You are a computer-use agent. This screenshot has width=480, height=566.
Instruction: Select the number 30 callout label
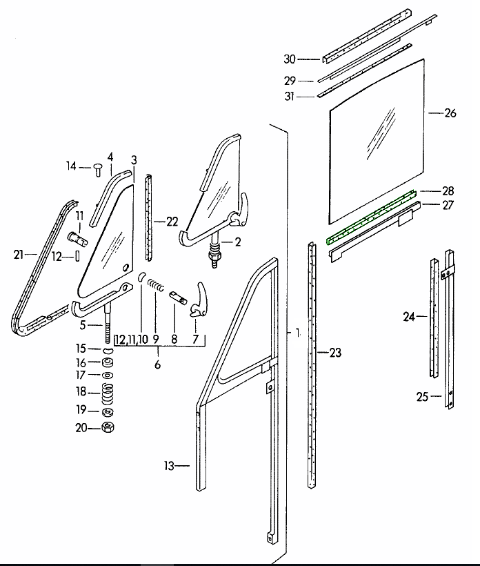pyautogui.click(x=290, y=59)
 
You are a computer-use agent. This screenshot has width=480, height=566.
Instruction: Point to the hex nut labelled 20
pyautogui.click(x=108, y=428)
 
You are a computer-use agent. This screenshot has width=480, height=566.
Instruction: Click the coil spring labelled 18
pyautogui.click(x=108, y=395)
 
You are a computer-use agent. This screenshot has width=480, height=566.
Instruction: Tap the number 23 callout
pyautogui.click(x=334, y=353)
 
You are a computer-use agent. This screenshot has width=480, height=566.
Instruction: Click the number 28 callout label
pyautogui.click(x=448, y=190)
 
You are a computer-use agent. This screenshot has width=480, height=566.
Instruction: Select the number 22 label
pyautogui.click(x=171, y=221)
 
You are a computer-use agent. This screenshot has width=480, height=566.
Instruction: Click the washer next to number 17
pyautogui.click(x=108, y=375)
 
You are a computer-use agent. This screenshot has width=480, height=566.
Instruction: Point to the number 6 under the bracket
pyautogui.click(x=157, y=364)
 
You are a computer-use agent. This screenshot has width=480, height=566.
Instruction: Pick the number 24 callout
pyautogui.click(x=410, y=317)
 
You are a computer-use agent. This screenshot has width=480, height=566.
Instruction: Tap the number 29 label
pyautogui.click(x=290, y=81)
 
